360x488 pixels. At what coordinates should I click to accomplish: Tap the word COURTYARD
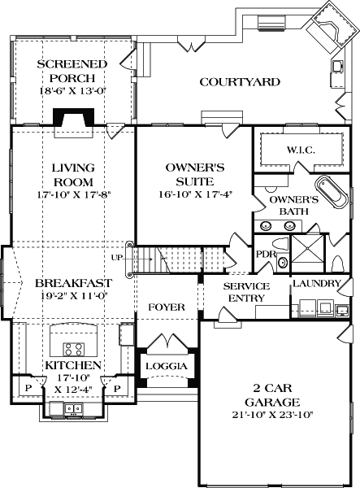(x=240, y=81)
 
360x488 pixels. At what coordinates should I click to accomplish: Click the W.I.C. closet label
(x=300, y=151)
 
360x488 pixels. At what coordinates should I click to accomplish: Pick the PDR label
(x=265, y=253)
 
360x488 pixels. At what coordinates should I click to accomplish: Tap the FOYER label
(x=166, y=307)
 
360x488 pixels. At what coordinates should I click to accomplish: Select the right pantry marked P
(x=116, y=389)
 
